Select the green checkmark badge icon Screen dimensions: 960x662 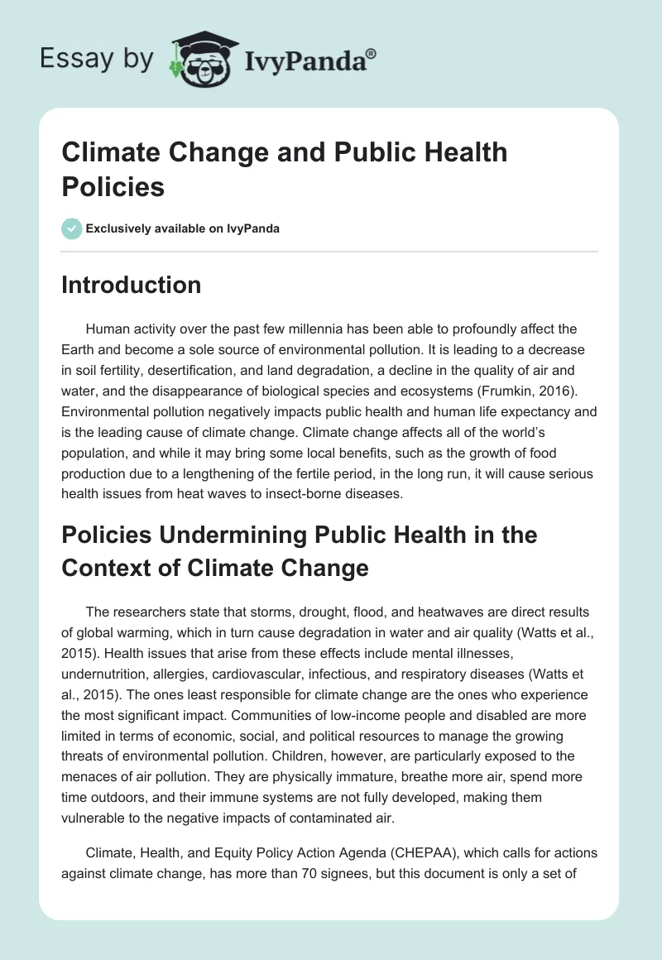tap(72, 228)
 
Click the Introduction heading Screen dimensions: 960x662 tap(132, 285)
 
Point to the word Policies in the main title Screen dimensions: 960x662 tap(113, 186)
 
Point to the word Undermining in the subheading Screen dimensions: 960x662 tap(223, 535)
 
